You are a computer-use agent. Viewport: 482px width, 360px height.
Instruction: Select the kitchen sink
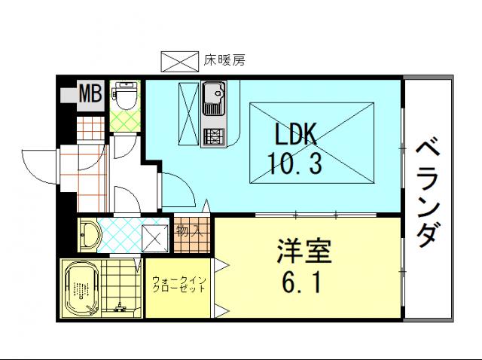pos(214,98)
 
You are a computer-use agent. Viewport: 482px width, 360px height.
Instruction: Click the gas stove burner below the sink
pos(214,136)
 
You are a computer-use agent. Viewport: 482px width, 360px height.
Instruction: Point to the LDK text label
pos(295,134)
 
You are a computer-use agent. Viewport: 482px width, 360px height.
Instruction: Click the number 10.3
pos(295,163)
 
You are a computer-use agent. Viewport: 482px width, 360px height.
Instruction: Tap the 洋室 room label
pos(304,251)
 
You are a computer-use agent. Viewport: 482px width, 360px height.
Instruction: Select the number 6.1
pos(301,282)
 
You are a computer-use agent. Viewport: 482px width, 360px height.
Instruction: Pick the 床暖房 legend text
pos(224,60)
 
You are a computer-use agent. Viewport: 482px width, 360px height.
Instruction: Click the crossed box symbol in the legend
pos(180,62)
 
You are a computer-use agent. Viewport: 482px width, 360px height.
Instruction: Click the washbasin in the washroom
pos(89,234)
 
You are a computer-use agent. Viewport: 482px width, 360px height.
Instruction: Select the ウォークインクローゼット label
pos(178,285)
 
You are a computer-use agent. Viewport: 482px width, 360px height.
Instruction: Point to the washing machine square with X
pos(155,237)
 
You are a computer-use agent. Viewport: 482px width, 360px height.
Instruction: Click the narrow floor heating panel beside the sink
pos(189,114)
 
